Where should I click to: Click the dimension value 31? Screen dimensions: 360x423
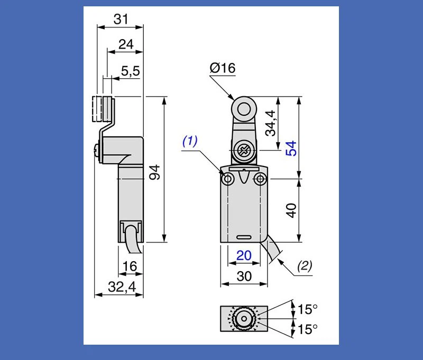pyautogui.click(x=121, y=20)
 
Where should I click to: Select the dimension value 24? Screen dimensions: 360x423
pyautogui.click(x=125, y=44)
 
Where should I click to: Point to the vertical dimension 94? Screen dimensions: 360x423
pyautogui.click(x=154, y=172)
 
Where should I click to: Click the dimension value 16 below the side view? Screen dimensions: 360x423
pyautogui.click(x=130, y=267)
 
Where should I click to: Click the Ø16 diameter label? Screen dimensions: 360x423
pyautogui.click(x=222, y=68)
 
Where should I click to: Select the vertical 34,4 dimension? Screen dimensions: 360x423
pyautogui.click(x=271, y=123)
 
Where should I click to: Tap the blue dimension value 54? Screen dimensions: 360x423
pyautogui.click(x=291, y=148)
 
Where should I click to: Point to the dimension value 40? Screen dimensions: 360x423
pyautogui.click(x=291, y=210)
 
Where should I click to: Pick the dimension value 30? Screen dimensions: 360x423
pyautogui.click(x=244, y=276)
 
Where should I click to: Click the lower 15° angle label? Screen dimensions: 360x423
pyautogui.click(x=307, y=329)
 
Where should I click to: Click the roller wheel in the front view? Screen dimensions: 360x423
pyautogui.click(x=244, y=109)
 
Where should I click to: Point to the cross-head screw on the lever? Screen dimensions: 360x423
pyautogui.click(x=244, y=151)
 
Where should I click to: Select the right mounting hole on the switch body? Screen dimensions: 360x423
pyautogui.click(x=260, y=180)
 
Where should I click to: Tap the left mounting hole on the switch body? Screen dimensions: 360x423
pyautogui.click(x=228, y=180)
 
